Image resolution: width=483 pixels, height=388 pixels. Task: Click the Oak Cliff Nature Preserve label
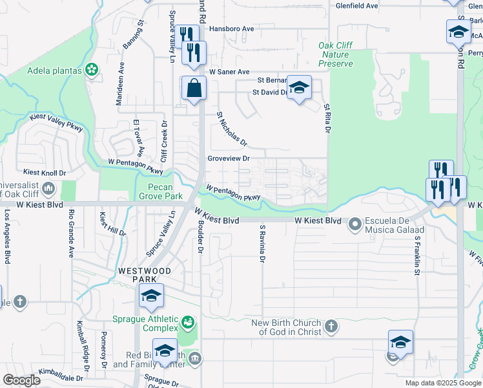pyautogui.click(x=336, y=55)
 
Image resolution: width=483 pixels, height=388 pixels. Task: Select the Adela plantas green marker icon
pyautogui.click(x=92, y=69)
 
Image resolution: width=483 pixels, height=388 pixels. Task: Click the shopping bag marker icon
pyautogui.click(x=194, y=88)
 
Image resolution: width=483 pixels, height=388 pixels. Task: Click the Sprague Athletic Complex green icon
pyautogui.click(x=188, y=321)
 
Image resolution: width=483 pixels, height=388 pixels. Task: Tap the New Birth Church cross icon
pyautogui.click(x=331, y=326)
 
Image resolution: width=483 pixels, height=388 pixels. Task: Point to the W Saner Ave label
pyautogui.click(x=229, y=72)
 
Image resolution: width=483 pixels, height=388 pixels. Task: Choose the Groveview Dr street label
pyautogui.click(x=229, y=158)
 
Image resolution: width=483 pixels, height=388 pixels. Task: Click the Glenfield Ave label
pyautogui.click(x=356, y=6)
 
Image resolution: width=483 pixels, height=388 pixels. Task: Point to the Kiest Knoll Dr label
pyautogui.click(x=45, y=173)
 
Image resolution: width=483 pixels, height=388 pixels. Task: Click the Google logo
pyautogui.click(x=22, y=380)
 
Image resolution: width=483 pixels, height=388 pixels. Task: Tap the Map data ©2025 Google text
pyautogui.click(x=442, y=383)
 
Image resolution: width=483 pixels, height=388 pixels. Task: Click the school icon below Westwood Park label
pyautogui.click(x=151, y=296)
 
